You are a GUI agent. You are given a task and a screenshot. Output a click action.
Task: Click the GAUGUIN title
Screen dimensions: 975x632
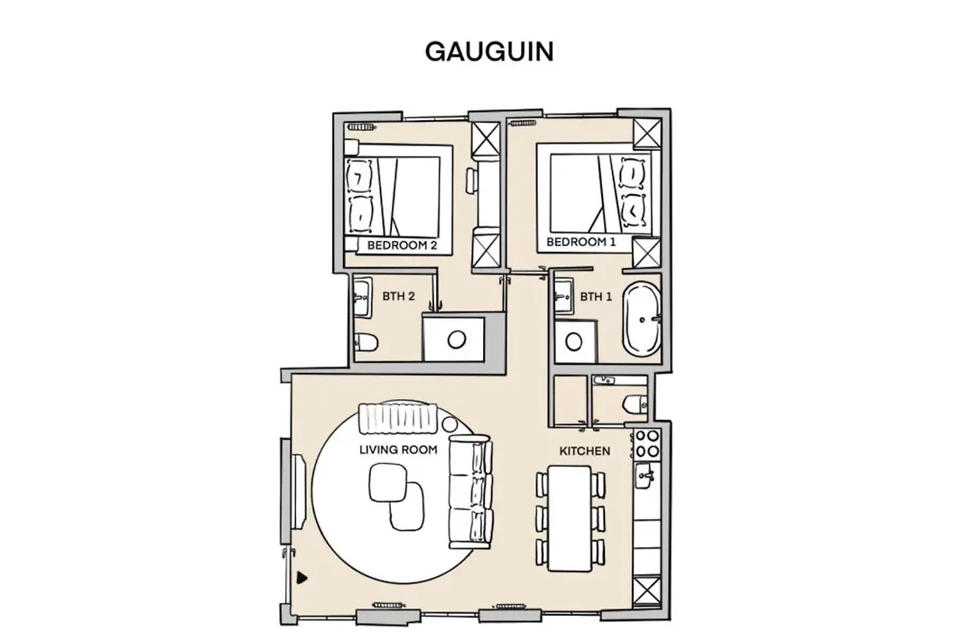click(489, 51)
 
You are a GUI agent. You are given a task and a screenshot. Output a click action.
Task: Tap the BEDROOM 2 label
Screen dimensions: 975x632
click(402, 245)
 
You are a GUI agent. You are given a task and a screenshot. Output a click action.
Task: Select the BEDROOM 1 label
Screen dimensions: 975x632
click(580, 242)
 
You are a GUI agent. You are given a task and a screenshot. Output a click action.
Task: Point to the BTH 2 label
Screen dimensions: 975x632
click(398, 296)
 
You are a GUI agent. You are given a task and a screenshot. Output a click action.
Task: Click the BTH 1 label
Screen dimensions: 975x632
click(596, 297)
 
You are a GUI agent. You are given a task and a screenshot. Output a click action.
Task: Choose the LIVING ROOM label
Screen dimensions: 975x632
click(398, 449)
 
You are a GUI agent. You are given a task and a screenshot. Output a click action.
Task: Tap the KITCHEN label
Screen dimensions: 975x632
click(584, 451)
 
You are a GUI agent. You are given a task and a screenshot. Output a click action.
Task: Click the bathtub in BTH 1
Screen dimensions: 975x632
click(642, 319)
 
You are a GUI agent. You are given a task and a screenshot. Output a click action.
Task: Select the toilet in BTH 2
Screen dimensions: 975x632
click(366, 341)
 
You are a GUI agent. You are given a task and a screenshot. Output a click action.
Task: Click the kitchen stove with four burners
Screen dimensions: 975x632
click(647, 443)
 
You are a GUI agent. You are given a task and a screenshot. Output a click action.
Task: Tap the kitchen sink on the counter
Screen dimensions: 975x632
click(645, 477)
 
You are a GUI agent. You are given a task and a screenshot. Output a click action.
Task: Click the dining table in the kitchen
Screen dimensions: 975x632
click(570, 519)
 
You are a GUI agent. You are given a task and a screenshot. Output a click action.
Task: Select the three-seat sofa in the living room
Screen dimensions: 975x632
click(470, 493)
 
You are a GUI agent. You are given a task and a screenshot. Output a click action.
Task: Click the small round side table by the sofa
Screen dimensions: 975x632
click(450, 424)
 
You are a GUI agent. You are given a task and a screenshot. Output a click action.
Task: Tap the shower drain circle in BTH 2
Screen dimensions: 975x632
click(457, 339)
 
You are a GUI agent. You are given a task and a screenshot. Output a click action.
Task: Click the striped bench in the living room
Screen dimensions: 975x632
click(398, 419)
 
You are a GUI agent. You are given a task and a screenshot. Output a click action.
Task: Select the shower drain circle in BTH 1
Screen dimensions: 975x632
click(573, 341)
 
